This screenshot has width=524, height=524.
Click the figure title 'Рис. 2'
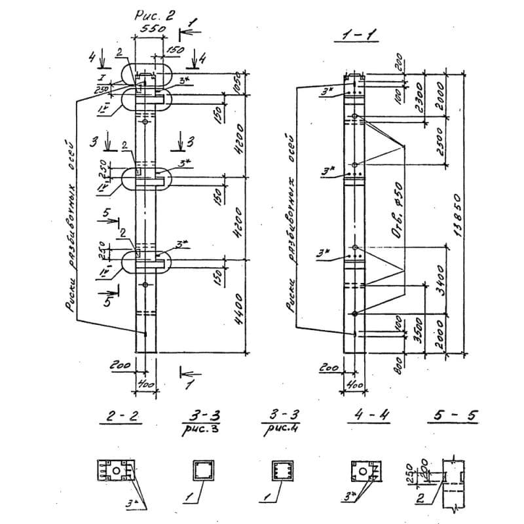155,18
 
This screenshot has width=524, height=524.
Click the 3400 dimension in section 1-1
440,279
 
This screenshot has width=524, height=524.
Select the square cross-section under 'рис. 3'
202,471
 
